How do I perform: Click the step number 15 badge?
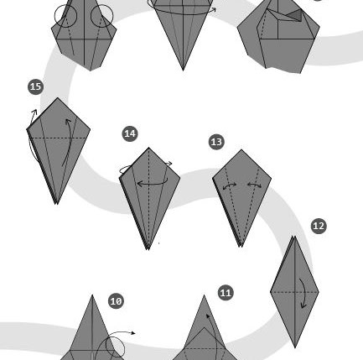(36, 86)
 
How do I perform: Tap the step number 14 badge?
(130, 133)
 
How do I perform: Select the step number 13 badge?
(216, 142)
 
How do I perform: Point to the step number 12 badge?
(319, 226)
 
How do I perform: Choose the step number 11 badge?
(226, 293)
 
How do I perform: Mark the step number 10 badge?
(116, 301)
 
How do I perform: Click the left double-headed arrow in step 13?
(230, 186)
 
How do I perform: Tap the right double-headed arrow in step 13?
(255, 185)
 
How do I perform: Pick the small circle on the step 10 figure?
(115, 347)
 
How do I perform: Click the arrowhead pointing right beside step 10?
(133, 333)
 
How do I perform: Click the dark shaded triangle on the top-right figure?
(296, 15)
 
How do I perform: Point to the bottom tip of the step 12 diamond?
(295, 348)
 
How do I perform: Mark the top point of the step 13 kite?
(241, 150)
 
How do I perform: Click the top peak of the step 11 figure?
(204, 295)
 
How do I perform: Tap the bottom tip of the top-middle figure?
(183, 70)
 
